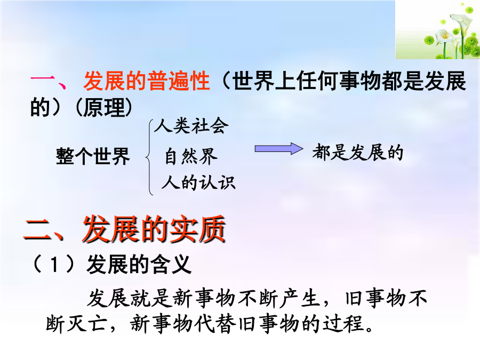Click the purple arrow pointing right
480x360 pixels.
279,149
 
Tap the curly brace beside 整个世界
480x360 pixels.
149,157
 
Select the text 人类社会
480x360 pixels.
191,125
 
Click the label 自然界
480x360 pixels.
191,156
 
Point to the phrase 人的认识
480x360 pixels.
198,183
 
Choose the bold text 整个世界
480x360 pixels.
93,156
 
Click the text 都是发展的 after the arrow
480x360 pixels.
358,152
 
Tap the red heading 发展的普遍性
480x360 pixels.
147,81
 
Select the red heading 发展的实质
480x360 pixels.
154,229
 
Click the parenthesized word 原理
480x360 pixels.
104,107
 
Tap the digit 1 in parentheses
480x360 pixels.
54,265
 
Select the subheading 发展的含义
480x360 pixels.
139,265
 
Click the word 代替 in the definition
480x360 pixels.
215,323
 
